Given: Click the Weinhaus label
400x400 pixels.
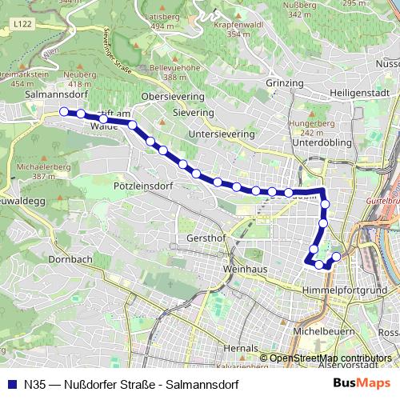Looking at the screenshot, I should [246, 269].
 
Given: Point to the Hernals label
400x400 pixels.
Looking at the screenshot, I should [242, 350].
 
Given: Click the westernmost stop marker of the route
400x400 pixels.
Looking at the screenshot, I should [63, 112].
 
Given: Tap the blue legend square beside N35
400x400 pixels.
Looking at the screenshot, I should [11, 383].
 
